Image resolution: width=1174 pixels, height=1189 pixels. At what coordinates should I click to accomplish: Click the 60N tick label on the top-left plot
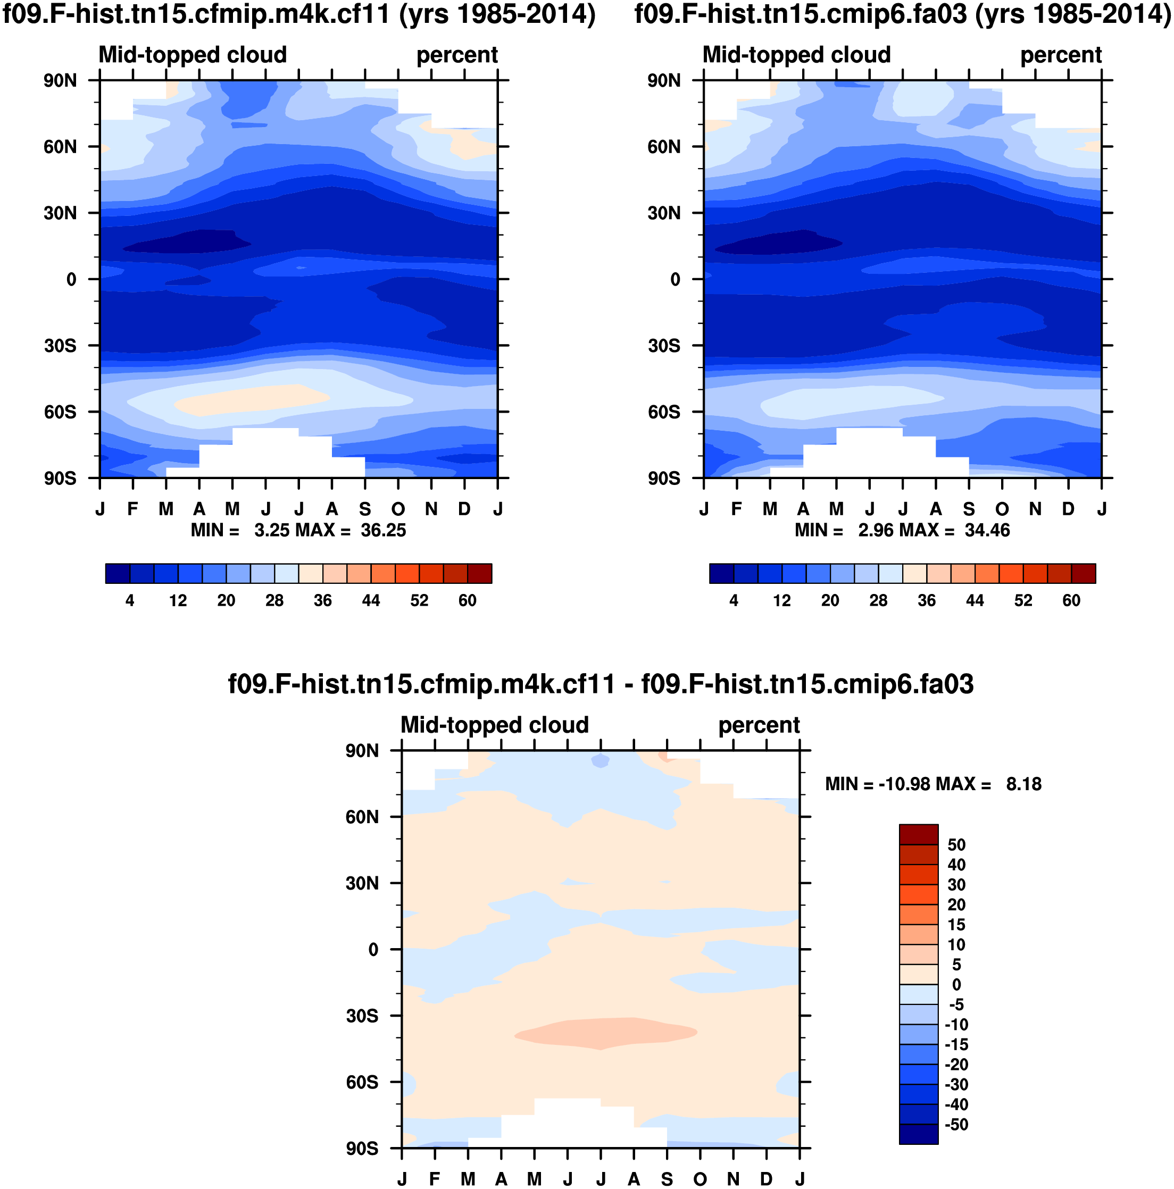[60, 147]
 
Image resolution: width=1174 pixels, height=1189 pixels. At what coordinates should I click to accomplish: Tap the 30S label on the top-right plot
[664, 346]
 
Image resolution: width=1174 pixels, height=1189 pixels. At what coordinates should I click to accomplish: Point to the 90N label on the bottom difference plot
[362, 751]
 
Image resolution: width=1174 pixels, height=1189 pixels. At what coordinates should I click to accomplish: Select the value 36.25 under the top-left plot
[383, 531]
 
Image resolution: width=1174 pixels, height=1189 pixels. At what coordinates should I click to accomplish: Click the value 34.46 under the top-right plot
[987, 531]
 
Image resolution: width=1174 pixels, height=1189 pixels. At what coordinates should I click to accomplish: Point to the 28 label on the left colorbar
[274, 601]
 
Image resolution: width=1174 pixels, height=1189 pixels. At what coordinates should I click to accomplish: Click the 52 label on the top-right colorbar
[1023, 601]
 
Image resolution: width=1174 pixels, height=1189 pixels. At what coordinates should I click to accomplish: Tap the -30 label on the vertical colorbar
[956, 1084]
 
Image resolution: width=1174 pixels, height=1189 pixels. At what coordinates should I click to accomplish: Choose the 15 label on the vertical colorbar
[956, 924]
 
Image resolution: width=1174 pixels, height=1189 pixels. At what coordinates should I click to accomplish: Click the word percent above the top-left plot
[457, 55]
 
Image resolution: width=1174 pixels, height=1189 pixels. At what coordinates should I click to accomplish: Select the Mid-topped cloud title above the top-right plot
[797, 55]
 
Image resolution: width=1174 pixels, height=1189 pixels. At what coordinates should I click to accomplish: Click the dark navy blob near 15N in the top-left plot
[185, 241]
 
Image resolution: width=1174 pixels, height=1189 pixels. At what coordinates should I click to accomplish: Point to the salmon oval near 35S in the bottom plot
[606, 1032]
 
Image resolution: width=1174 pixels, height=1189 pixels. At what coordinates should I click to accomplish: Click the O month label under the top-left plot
[398, 509]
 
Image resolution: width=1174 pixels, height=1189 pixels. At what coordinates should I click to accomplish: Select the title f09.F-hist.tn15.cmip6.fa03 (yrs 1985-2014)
[903, 15]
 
